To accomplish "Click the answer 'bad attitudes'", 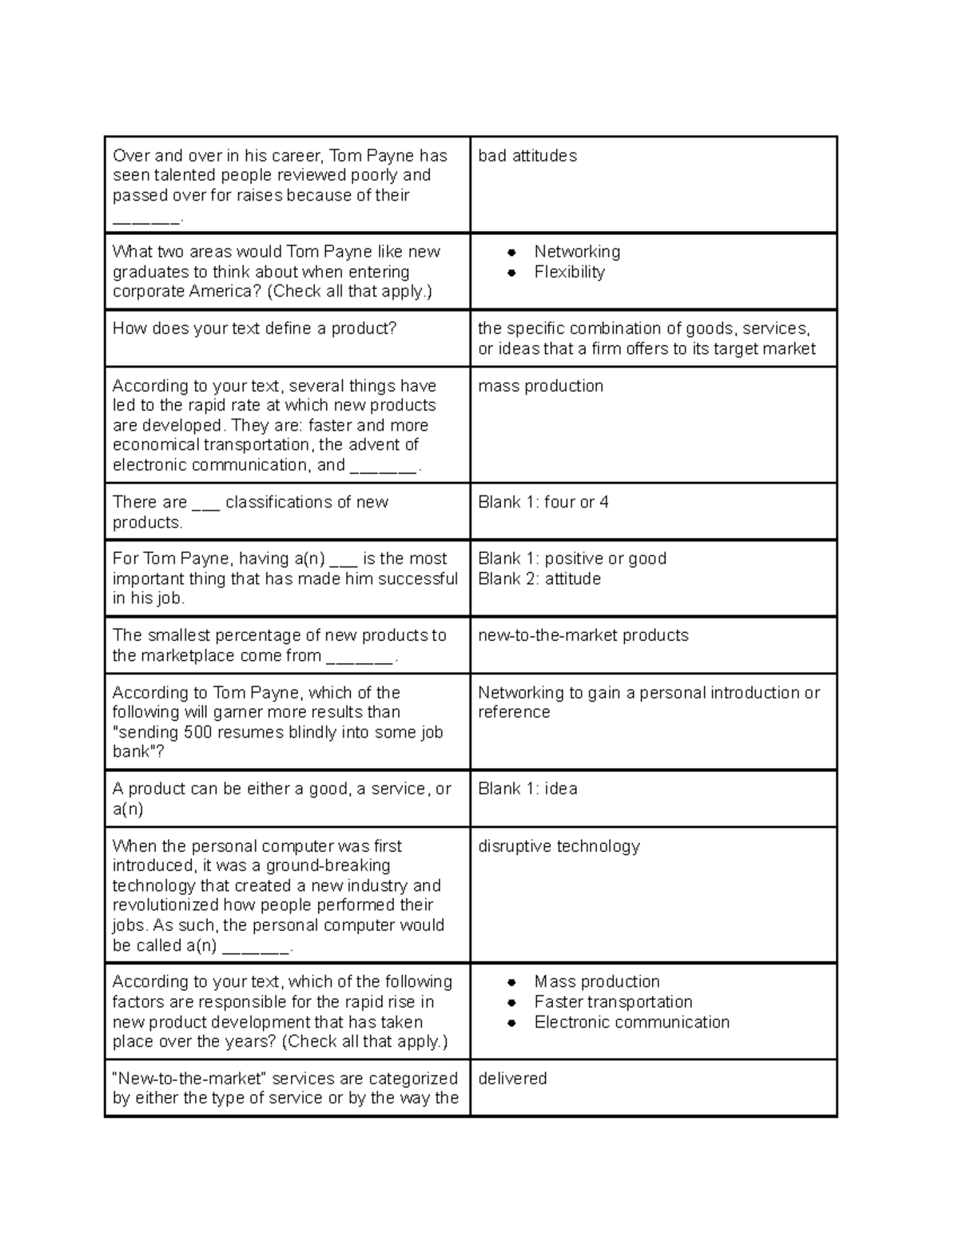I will [527, 156].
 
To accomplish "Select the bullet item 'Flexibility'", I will [569, 272].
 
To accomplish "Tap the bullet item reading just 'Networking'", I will [577, 252].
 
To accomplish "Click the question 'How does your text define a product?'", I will [254, 328].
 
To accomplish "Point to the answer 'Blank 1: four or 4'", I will [543, 502].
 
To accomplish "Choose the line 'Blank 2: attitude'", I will [539, 579].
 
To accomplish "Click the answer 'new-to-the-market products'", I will [583, 635].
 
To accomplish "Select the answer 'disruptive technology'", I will [559, 846].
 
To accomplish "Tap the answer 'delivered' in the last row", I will [512, 1079].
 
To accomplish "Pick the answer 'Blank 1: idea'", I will [527, 789].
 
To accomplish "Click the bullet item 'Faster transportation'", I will [613, 1002].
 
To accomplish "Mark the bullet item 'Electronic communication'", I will [631, 1022].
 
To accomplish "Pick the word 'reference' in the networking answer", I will [514, 712].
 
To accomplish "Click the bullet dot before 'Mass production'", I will [512, 982].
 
